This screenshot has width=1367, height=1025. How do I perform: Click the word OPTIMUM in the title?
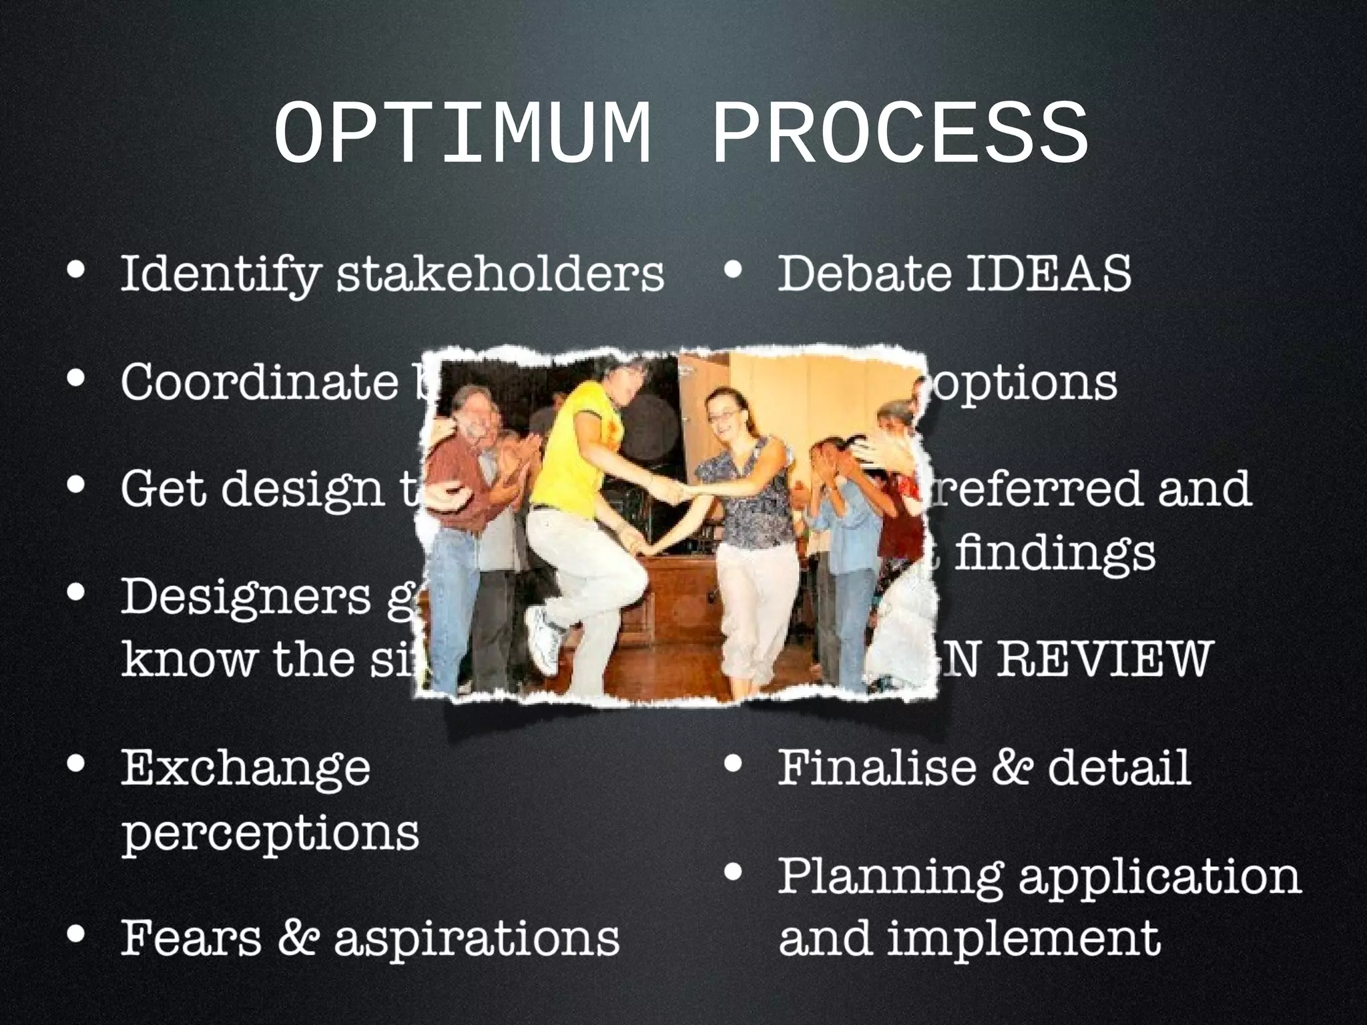(462, 133)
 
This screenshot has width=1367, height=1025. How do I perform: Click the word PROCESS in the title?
(900, 133)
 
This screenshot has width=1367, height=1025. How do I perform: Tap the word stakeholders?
(499, 274)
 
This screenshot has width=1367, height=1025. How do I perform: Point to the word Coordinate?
(259, 382)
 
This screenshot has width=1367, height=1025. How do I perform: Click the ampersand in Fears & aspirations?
(298, 937)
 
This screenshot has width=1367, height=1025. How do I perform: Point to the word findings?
(1055, 553)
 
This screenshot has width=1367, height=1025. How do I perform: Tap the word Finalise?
(874, 767)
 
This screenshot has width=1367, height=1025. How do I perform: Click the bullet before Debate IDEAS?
(733, 270)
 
